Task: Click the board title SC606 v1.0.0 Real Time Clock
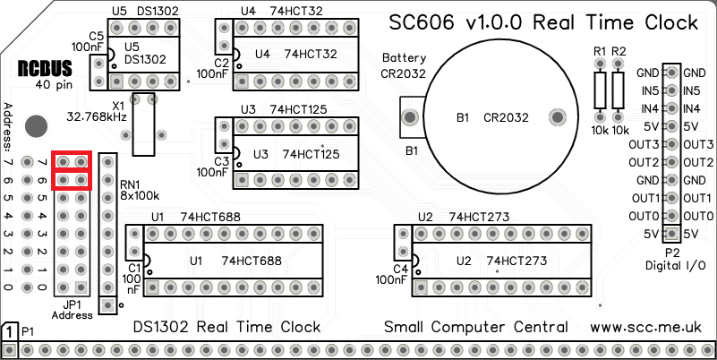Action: pos(542,22)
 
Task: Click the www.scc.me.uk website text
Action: pos(652,327)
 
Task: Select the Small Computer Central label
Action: pos(475,327)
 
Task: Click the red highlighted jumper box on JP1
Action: pos(73,170)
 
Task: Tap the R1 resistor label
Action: pos(600,50)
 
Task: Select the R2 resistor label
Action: pos(619,50)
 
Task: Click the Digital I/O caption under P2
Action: pos(675,267)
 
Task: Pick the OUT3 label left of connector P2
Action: pos(644,144)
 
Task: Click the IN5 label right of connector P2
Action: pos(691,90)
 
